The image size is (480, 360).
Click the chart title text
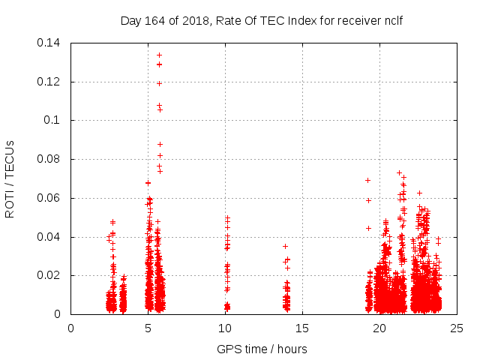262,20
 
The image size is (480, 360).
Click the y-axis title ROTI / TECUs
10,178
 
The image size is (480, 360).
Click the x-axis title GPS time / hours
262,349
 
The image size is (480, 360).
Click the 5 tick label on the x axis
148,328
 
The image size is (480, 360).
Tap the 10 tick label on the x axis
226,328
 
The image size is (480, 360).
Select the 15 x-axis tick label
303,328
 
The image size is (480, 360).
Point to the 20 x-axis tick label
380,328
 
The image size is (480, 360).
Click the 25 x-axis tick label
457,328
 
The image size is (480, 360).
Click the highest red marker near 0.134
159,55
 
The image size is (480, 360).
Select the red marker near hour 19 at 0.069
367,180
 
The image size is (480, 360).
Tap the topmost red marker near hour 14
285,246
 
